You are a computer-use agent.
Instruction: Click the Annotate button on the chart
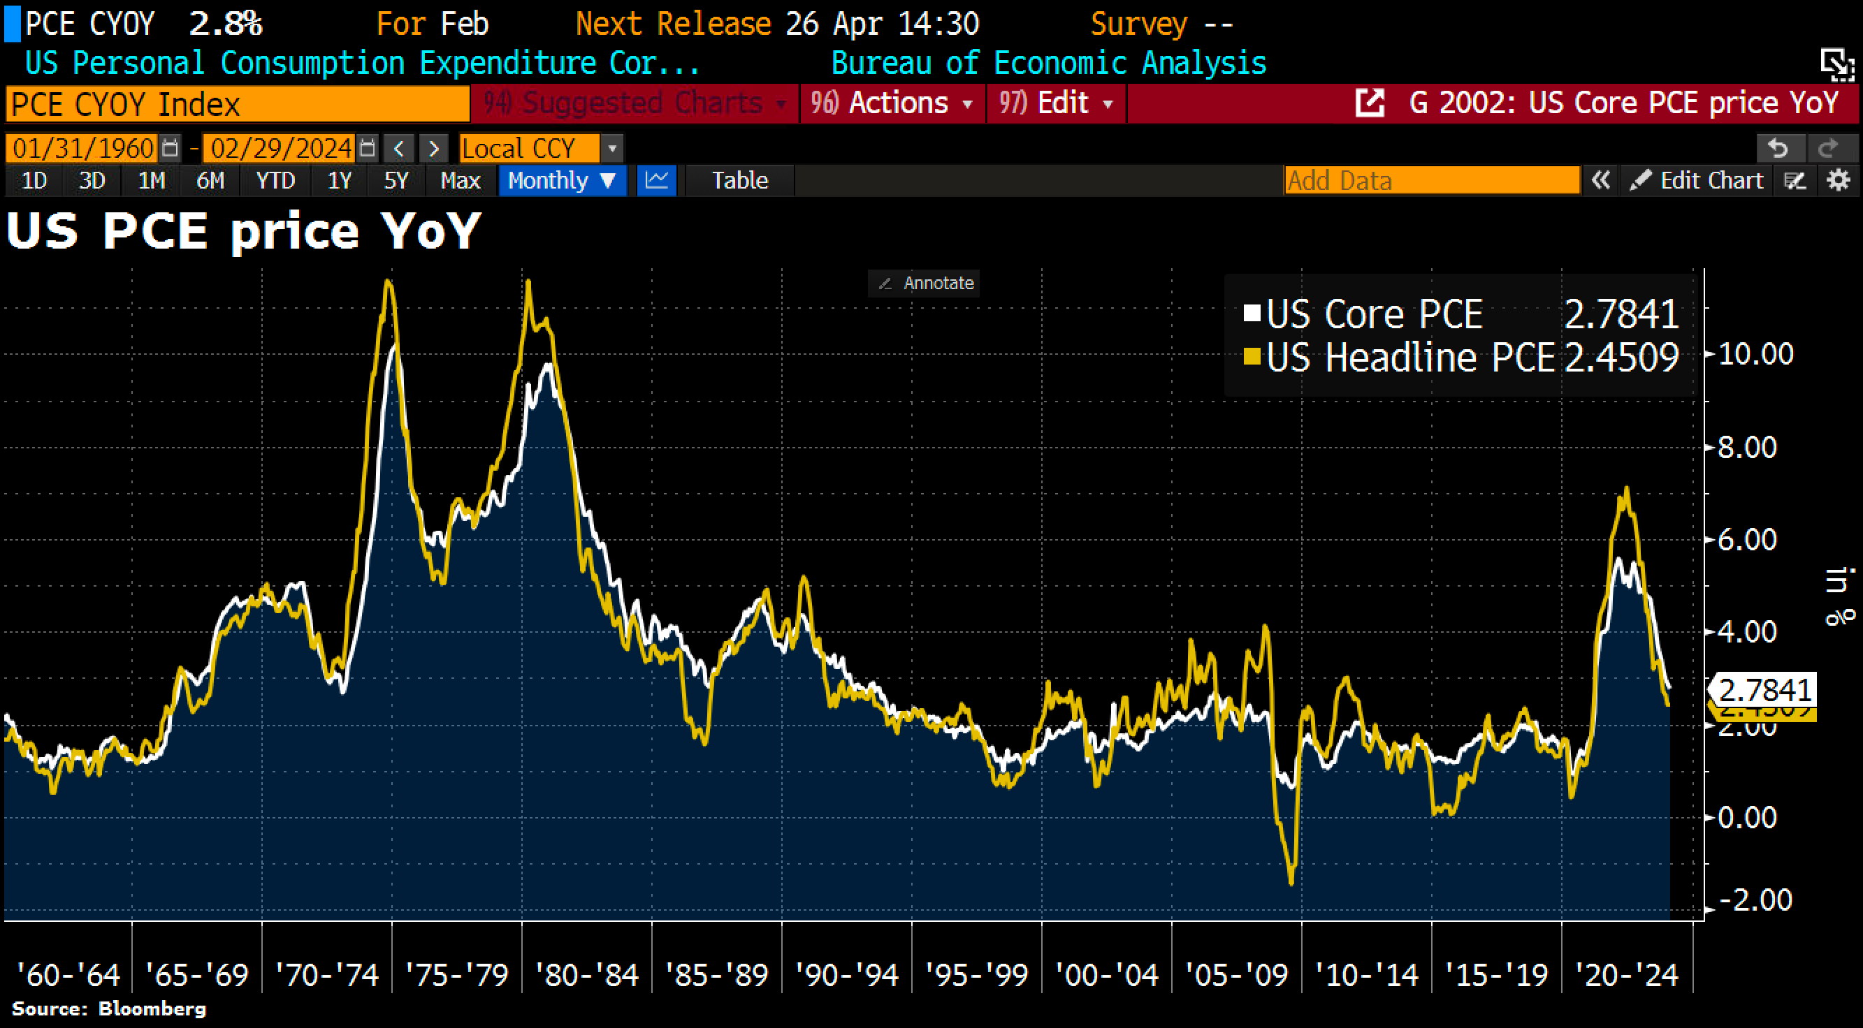pyautogui.click(x=925, y=283)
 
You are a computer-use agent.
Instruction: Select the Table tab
pyautogui.click(x=739, y=180)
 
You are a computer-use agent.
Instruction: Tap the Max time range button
pyautogui.click(x=460, y=180)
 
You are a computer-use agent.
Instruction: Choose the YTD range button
pyautogui.click(x=275, y=180)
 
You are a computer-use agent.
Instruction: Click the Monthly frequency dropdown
pyautogui.click(x=561, y=180)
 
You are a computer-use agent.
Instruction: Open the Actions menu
pyautogui.click(x=891, y=103)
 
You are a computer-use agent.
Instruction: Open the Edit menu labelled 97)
pyautogui.click(x=1055, y=103)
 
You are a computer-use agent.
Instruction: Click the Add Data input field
pyautogui.click(x=1430, y=180)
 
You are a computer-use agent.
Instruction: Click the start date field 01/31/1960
pyautogui.click(x=82, y=148)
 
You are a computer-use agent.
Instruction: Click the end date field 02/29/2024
pyautogui.click(x=281, y=148)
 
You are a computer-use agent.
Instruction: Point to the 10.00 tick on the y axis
pyautogui.click(x=1755, y=354)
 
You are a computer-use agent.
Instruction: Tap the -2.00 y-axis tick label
pyautogui.click(x=1755, y=900)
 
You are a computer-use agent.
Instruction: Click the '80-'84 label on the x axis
pyautogui.click(x=586, y=975)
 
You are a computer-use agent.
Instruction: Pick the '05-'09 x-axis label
pyautogui.click(x=1237, y=975)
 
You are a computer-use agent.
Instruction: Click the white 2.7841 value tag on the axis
pyautogui.click(x=1764, y=691)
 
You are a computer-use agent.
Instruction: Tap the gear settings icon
pyautogui.click(x=1838, y=180)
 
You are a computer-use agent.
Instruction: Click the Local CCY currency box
pyautogui.click(x=530, y=148)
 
